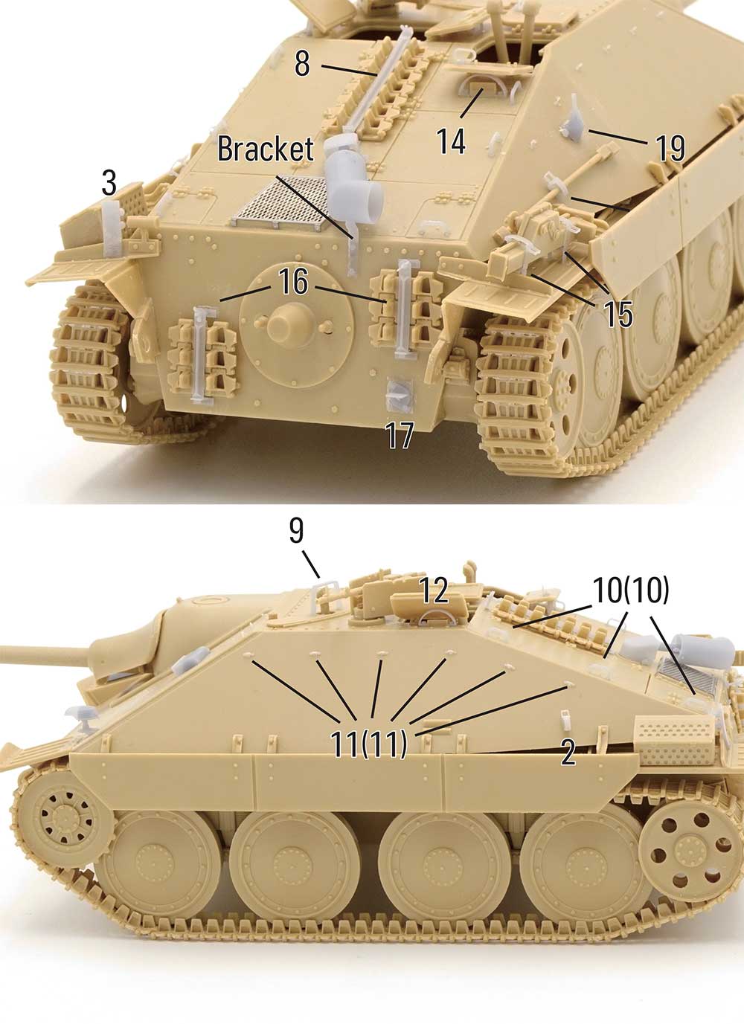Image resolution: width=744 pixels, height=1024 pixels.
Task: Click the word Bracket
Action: (265, 149)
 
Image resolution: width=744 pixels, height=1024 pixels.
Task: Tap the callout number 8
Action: (302, 63)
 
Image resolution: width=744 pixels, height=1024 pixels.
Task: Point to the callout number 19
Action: (670, 148)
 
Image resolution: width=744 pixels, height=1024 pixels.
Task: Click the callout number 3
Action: (109, 183)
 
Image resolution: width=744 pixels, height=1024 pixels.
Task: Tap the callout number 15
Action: (618, 314)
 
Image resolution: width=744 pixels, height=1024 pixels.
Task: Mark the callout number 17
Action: (400, 435)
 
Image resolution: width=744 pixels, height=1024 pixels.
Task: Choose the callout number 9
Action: (296, 531)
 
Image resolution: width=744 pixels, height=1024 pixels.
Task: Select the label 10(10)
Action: (631, 590)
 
